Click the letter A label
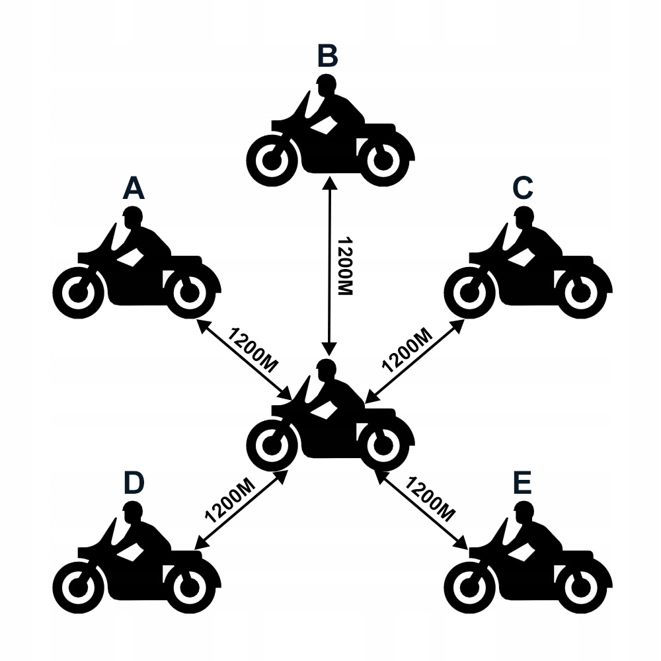click(134, 189)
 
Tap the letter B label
click(327, 57)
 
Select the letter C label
click(522, 189)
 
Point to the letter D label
click(134, 483)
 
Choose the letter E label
click(522, 483)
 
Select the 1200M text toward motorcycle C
click(407, 348)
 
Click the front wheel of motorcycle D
click(78, 586)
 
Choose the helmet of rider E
click(524, 511)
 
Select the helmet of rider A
click(132, 217)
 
